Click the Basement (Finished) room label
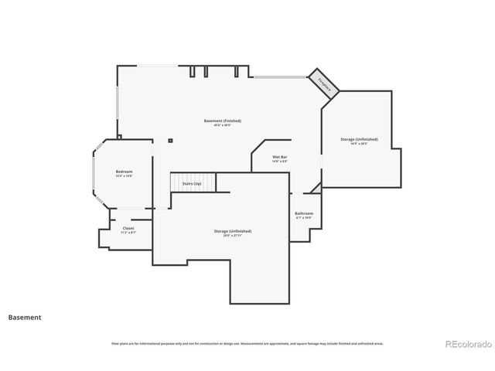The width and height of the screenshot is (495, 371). (223, 121)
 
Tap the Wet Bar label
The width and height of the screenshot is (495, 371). (280, 157)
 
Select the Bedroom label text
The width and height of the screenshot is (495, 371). (124, 171)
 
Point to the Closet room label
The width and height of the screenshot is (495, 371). (128, 228)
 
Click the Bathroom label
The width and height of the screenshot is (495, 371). (304, 213)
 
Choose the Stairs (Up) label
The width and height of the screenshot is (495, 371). (192, 184)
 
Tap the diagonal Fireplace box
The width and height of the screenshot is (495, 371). (324, 83)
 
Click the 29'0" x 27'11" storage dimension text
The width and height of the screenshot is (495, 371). (233, 236)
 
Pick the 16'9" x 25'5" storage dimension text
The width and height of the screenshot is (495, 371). (360, 144)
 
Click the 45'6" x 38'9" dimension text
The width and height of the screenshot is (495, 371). (223, 125)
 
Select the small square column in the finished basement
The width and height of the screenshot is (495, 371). (170, 141)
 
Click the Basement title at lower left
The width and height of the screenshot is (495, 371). (25, 317)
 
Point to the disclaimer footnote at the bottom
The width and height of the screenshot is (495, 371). (247, 343)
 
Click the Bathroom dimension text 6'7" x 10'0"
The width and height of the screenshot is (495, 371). (304, 218)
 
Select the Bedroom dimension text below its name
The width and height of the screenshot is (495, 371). (124, 175)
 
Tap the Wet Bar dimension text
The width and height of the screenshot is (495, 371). (280, 162)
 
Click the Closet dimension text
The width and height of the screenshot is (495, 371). (128, 233)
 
